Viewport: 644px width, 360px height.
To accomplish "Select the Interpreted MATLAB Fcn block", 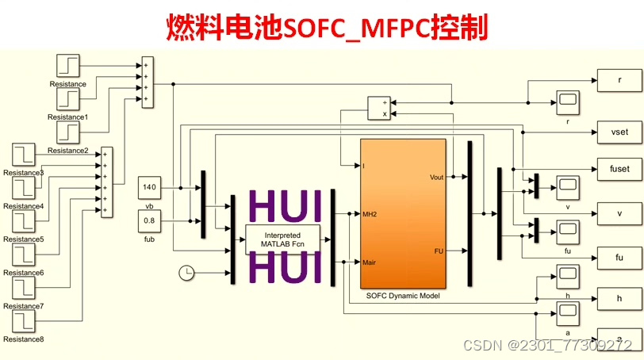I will click(x=283, y=240).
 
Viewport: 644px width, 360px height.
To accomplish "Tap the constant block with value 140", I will click(x=150, y=188).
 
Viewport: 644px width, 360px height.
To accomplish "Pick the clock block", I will click(x=186, y=273).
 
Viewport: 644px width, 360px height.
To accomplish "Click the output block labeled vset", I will click(x=619, y=131).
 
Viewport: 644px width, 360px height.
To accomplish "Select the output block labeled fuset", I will click(x=619, y=169).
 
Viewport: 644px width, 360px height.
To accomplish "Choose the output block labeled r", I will click(x=619, y=80).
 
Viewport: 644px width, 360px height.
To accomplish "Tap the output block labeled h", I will click(x=619, y=297).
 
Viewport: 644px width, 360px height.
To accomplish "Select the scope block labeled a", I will click(x=568, y=312).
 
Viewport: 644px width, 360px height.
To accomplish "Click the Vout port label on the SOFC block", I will click(x=435, y=177).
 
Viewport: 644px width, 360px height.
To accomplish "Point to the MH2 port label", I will click(x=370, y=214).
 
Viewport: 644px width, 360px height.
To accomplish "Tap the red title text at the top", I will click(x=326, y=28).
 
